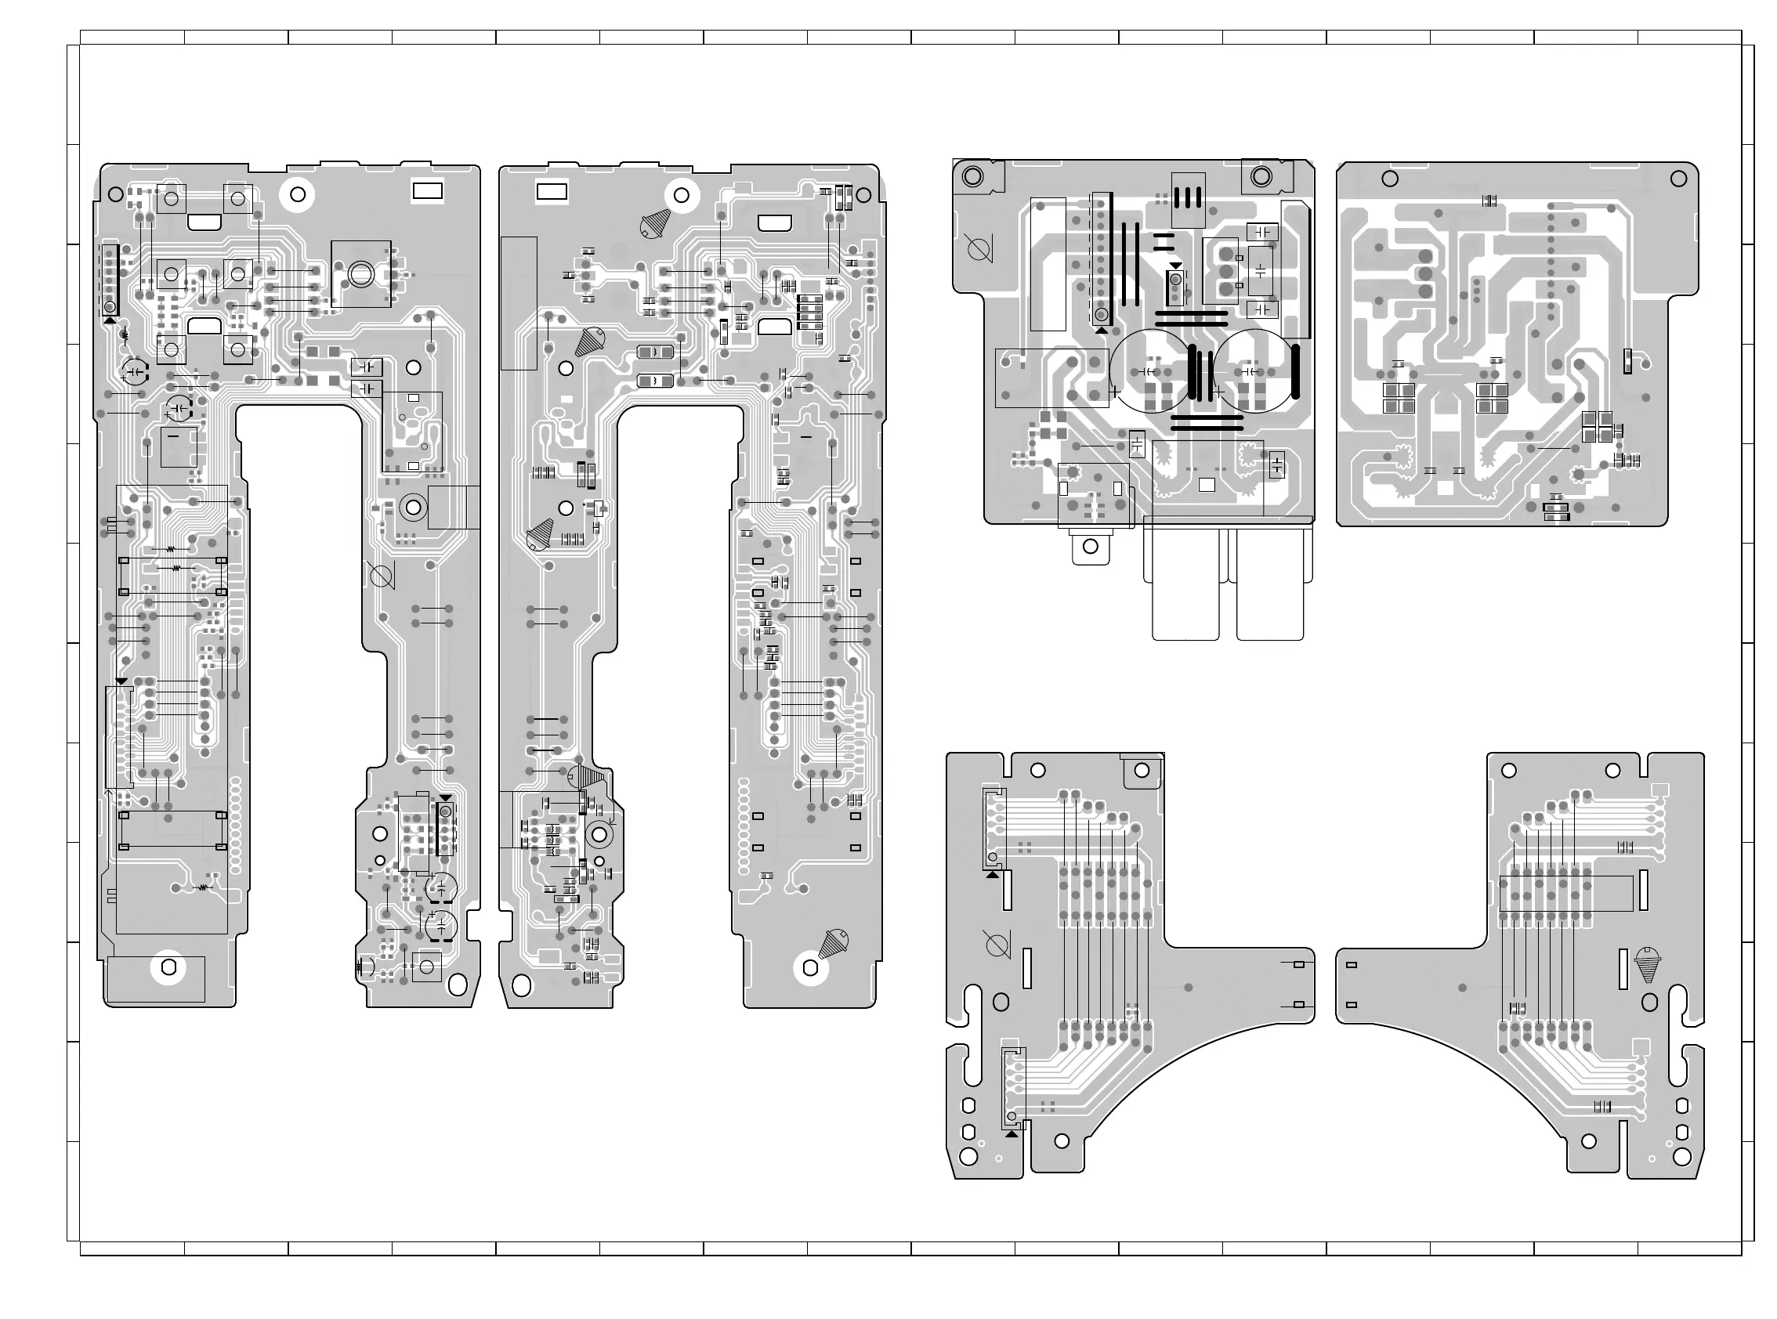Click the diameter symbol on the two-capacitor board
click(979, 250)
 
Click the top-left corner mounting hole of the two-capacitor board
click(973, 175)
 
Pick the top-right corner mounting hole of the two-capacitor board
click(1261, 175)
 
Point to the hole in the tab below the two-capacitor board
click(1090, 547)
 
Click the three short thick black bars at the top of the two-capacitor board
click(1187, 197)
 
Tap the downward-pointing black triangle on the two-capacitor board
click(1174, 266)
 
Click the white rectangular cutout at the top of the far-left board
click(427, 192)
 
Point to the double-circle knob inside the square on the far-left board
click(360, 273)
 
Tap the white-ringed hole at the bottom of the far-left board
click(168, 967)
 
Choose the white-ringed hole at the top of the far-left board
click(298, 193)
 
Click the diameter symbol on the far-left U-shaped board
click(380, 575)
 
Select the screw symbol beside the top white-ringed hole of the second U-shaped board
click(656, 224)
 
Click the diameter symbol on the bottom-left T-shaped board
click(996, 945)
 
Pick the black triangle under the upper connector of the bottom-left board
click(993, 874)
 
